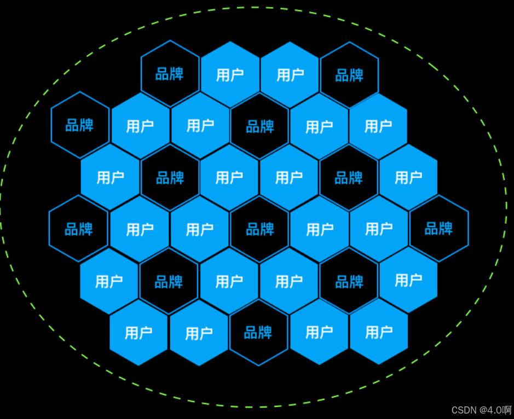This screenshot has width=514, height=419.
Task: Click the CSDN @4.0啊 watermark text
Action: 481,410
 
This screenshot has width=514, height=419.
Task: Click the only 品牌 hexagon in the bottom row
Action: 258,333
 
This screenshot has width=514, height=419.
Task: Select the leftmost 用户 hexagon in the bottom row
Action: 138,333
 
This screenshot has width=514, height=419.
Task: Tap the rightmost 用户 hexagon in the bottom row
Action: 379,332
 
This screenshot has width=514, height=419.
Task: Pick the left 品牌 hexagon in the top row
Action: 170,74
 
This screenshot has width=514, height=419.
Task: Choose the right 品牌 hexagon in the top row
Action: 349,75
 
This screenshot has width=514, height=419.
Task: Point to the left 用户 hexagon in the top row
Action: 230,75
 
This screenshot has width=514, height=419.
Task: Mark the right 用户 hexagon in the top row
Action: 290,75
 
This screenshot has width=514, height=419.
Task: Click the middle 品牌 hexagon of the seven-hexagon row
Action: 259,229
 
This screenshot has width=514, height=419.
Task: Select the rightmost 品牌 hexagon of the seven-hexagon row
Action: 439,229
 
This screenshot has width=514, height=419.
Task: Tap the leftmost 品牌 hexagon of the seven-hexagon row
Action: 79,229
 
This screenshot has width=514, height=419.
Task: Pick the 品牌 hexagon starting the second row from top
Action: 80,125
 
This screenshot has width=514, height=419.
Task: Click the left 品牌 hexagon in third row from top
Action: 170,178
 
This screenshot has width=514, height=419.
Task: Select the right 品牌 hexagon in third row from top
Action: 349,178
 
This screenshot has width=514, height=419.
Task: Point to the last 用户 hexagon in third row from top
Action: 408,177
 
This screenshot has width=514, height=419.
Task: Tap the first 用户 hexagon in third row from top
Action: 110,177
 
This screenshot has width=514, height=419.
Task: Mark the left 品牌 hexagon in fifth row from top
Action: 169,282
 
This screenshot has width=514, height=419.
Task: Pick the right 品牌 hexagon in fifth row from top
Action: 349,282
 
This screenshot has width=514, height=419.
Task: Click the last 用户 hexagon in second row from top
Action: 378,126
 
